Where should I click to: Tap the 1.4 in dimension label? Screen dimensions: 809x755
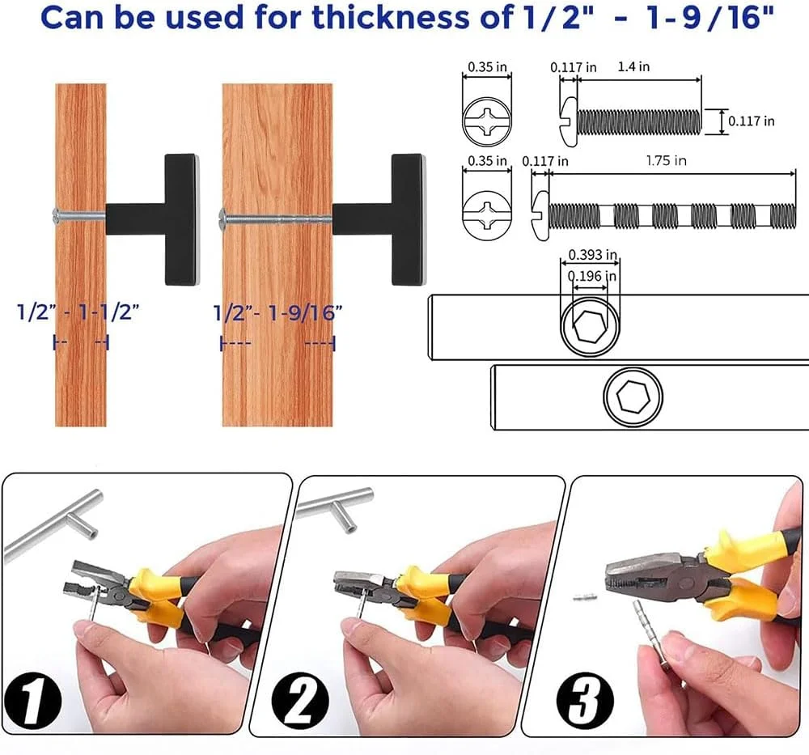click(633, 66)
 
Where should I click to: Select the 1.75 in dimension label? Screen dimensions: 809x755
click(666, 160)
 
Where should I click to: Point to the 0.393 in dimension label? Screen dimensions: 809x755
click(593, 254)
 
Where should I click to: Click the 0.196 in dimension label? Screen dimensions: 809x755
click(592, 276)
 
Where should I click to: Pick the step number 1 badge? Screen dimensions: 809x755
click(33, 700)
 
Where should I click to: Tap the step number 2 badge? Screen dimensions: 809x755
click(300, 700)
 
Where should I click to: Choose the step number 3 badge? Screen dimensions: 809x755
click(586, 700)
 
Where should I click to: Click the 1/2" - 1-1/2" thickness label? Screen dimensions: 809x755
click(78, 312)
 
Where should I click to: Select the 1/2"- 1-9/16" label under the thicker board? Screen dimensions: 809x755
click(277, 312)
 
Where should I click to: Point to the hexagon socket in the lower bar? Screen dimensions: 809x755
click(633, 397)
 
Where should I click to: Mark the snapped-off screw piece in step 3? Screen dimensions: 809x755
click(585, 597)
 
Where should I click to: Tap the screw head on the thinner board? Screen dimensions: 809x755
click(57, 215)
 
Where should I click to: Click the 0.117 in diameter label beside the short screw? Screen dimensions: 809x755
click(752, 121)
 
